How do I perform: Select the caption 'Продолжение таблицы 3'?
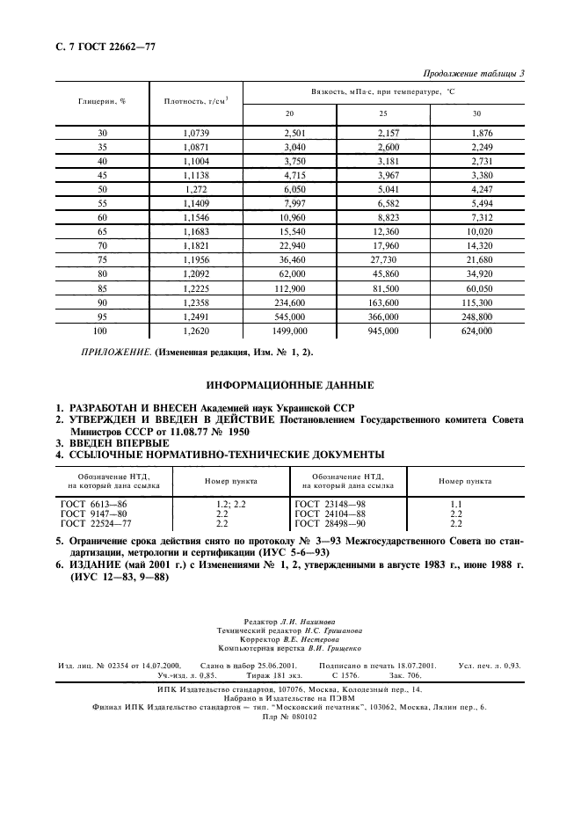tap(473, 73)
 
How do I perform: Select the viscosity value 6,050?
tap(289, 188)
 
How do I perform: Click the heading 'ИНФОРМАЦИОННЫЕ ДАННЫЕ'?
tap(289, 385)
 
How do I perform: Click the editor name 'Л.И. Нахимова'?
tap(307, 621)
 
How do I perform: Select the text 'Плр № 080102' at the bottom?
tap(289, 717)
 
